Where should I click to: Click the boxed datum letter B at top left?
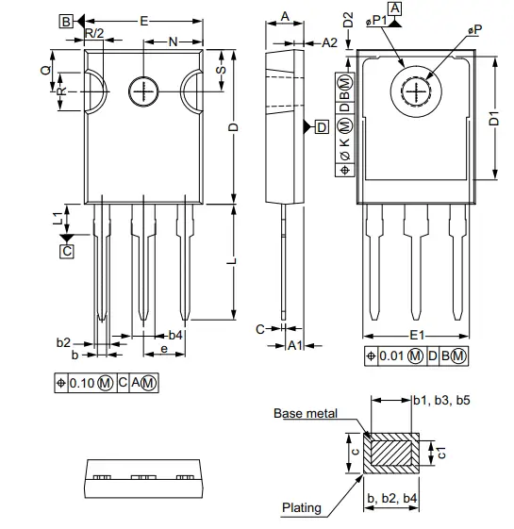coord(65,21)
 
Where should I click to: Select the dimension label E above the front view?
coord(142,20)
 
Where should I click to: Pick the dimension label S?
coord(221,71)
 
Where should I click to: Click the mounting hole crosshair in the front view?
coord(142,91)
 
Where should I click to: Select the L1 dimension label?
coord(58,218)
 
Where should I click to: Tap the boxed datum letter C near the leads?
coord(66,251)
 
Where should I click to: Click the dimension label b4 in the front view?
coord(175,335)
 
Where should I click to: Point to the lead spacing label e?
coord(164,350)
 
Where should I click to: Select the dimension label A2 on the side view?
coord(329,42)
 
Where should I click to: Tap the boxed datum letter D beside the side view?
coord(321,126)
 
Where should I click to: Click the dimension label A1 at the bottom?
coord(294,345)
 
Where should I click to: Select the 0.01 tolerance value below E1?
coord(393,355)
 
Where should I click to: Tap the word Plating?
coord(302,507)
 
